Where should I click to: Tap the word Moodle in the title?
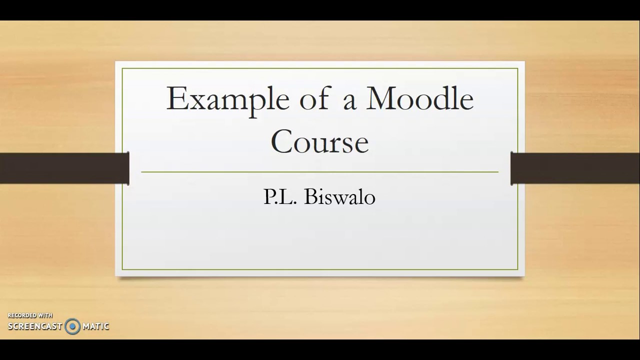419,98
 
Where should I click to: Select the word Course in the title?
319,141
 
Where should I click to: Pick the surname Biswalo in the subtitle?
339,196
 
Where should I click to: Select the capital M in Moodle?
383,98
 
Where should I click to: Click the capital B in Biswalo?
309,196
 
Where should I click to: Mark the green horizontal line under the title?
319,172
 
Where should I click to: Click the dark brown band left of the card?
64,168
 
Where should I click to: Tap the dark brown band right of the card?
575,168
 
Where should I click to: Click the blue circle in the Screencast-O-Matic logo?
72,326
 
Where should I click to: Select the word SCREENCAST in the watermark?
35,326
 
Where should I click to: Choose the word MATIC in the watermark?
95,326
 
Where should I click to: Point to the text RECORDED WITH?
30,315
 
